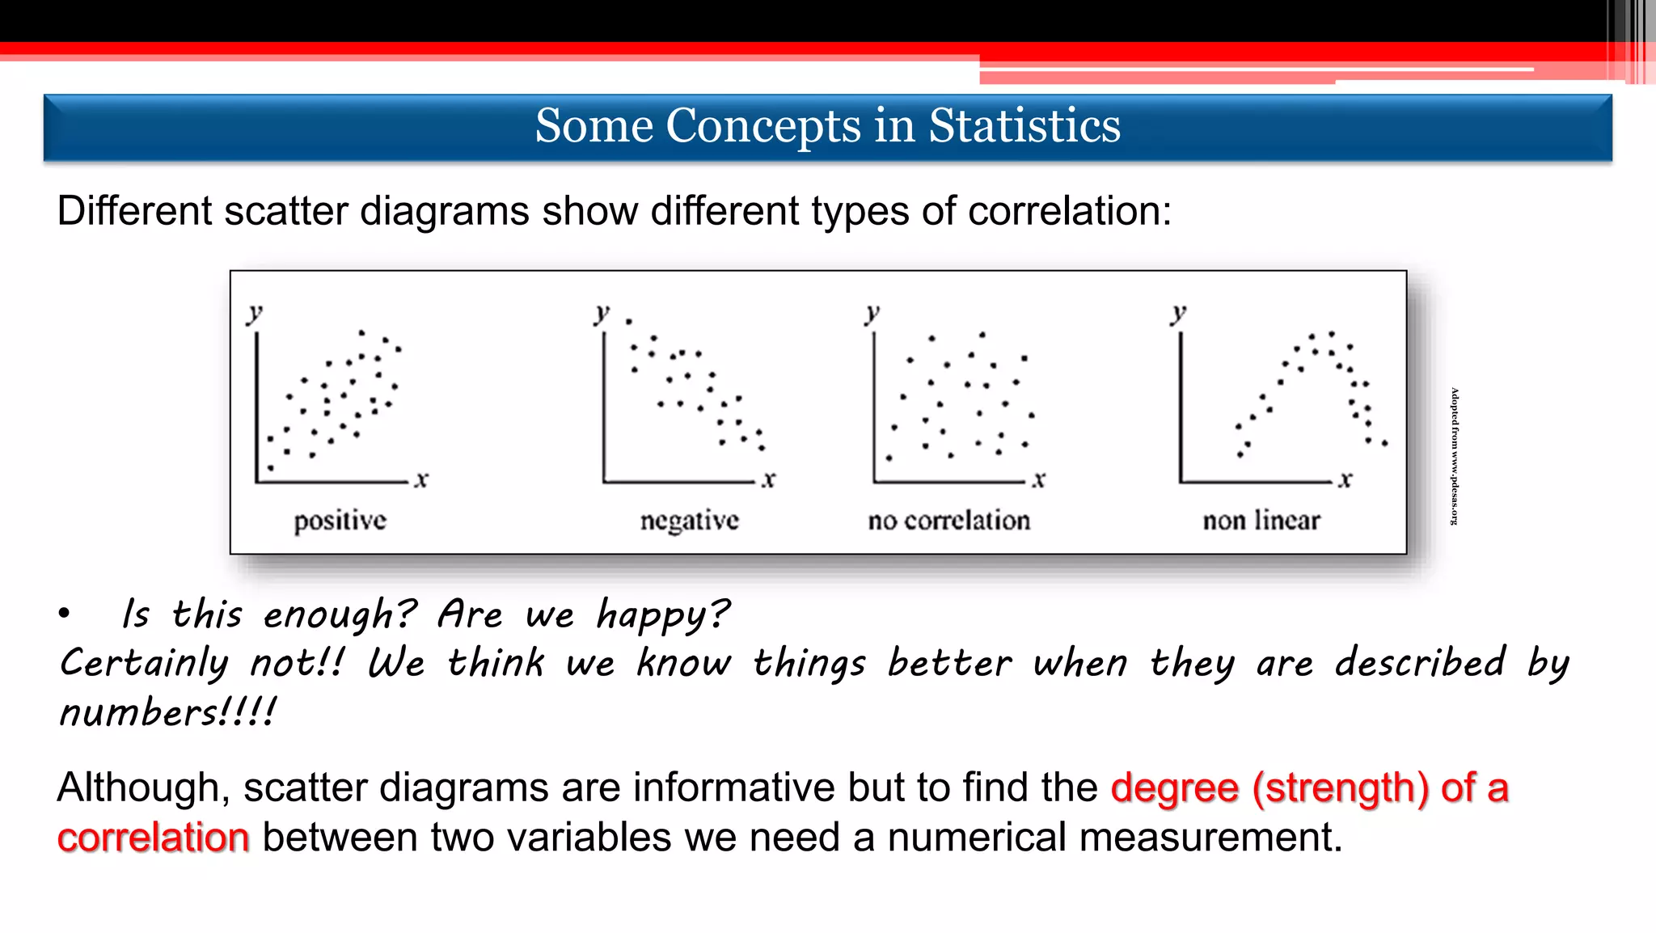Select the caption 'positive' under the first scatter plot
click(340, 521)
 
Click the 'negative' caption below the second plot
click(689, 521)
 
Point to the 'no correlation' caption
click(948, 521)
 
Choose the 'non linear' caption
click(1261, 521)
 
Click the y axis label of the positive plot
click(255, 313)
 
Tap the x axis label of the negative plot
click(768, 479)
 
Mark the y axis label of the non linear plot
click(1178, 313)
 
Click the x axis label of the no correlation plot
click(1038, 479)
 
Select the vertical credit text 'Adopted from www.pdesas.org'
click(1455, 457)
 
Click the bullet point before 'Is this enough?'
click(64, 614)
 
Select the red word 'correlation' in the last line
click(153, 838)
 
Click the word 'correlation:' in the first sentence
click(1069, 212)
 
